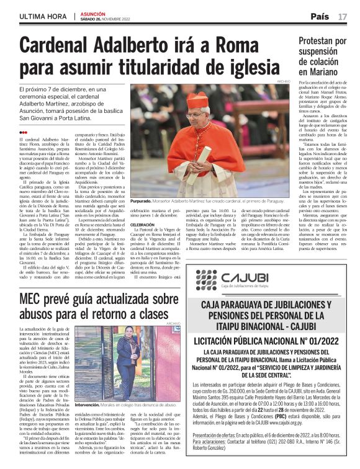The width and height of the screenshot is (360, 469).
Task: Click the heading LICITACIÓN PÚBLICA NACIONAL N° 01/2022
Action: pos(268,342)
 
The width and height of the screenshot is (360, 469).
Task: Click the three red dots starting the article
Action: pos(23,132)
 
